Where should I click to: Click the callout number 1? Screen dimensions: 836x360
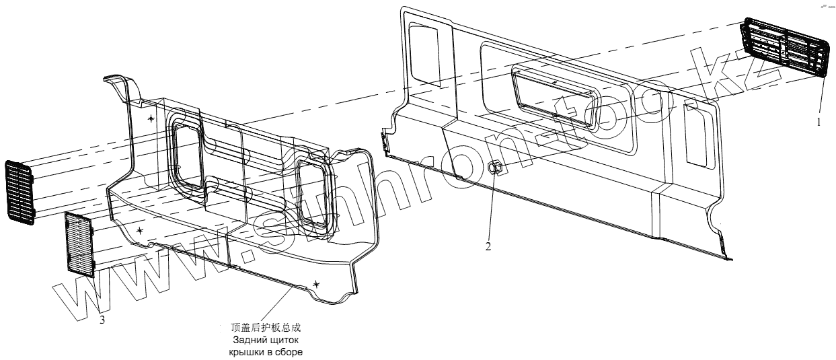point(819,123)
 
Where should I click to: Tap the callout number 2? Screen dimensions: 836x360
point(488,246)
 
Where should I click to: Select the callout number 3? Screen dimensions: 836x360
point(102,320)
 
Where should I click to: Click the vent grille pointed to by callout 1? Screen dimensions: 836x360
point(784,49)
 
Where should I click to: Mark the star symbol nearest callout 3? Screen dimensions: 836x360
point(139,230)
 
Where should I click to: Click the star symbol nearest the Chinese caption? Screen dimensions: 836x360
point(316,285)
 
